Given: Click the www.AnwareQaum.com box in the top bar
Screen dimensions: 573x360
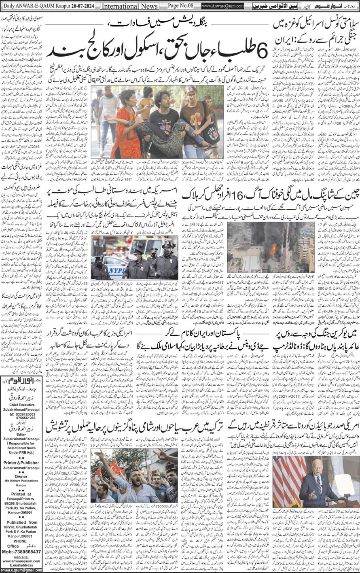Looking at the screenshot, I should pos(222,6).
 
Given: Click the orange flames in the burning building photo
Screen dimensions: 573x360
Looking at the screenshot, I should pos(273,248).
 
